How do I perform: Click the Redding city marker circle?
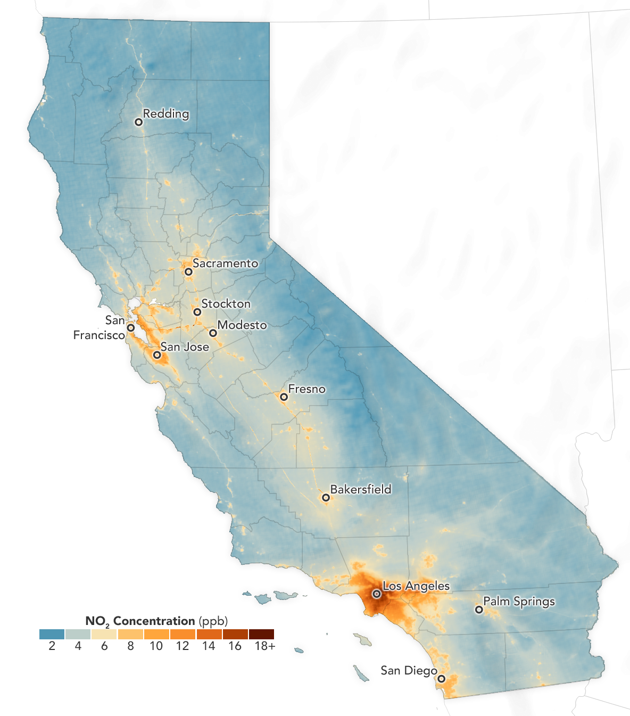(138, 122)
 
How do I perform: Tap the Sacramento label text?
(225, 263)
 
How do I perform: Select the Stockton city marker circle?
(197, 312)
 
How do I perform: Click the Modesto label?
(242, 325)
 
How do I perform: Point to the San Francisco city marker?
(130, 328)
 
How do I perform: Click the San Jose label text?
(185, 347)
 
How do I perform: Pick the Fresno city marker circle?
(284, 397)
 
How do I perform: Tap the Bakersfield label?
(360, 489)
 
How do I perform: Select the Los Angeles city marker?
(376, 594)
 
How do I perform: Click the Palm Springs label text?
(519, 601)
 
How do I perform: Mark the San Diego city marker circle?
(441, 679)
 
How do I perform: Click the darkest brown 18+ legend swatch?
(261, 634)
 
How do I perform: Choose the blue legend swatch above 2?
(52, 634)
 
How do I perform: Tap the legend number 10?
(156, 646)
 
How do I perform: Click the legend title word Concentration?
(154, 621)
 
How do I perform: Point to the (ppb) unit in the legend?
(213, 621)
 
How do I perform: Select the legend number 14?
(209, 646)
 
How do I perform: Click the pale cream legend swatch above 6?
(104, 634)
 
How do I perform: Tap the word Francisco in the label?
(99, 335)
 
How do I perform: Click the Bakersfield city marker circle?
(326, 498)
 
